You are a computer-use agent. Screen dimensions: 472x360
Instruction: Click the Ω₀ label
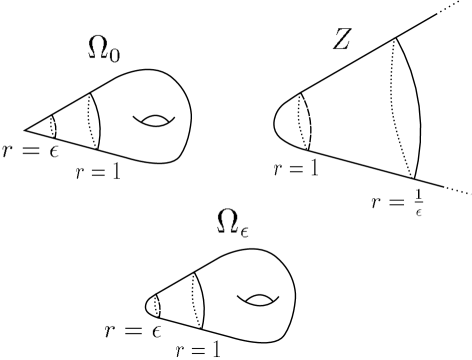click(x=104, y=47)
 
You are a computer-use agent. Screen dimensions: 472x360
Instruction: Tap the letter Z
click(x=342, y=39)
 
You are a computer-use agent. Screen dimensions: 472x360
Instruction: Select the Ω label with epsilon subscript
click(x=232, y=223)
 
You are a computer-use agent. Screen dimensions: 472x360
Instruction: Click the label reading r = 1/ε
click(x=398, y=202)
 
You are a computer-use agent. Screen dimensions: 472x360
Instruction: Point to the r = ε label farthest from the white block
click(x=30, y=150)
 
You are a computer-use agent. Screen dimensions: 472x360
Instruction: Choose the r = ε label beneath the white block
click(x=132, y=330)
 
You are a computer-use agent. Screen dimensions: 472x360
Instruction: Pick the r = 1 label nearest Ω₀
click(x=98, y=171)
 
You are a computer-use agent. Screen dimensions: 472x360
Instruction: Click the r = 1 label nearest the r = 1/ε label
click(x=296, y=167)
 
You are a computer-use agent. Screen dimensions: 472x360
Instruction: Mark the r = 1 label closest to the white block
click(x=198, y=349)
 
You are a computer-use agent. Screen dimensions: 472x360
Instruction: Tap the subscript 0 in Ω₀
click(x=115, y=54)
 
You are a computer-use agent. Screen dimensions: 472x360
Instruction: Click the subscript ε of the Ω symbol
click(x=243, y=231)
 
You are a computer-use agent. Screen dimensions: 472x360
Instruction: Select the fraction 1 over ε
click(x=418, y=202)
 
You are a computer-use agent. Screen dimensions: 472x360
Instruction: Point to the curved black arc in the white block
click(x=151, y=304)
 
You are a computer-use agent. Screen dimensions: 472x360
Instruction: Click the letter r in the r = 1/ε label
click(x=376, y=203)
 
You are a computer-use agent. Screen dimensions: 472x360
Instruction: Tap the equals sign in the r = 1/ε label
click(x=394, y=203)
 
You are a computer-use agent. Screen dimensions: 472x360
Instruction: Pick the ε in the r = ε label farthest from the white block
click(x=52, y=151)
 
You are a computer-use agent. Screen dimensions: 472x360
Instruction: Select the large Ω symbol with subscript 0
click(x=98, y=46)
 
